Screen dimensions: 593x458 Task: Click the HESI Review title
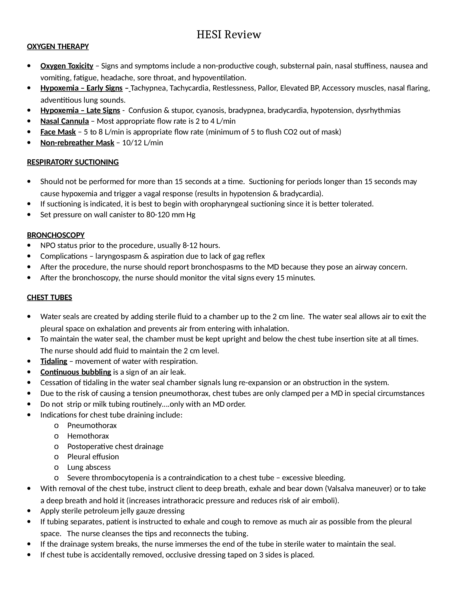pyautogui.click(x=228, y=35)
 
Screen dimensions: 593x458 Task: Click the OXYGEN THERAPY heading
pyautogui.click(x=58, y=47)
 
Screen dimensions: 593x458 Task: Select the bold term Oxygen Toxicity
pyautogui.click(x=67, y=66)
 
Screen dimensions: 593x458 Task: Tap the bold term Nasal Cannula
pyautogui.click(x=65, y=121)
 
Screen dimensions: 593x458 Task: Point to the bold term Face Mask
pyautogui.click(x=58, y=132)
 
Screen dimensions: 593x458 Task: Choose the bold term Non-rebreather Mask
pyautogui.click(x=77, y=143)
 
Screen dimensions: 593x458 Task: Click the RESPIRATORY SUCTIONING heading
pyautogui.click(x=73, y=162)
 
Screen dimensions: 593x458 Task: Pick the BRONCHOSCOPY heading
pyautogui.click(x=55, y=235)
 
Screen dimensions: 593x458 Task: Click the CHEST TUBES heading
pyautogui.click(x=49, y=298)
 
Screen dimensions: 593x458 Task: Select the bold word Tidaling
pyautogui.click(x=54, y=361)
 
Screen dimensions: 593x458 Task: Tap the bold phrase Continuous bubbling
pyautogui.click(x=76, y=372)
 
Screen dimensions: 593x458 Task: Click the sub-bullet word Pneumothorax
pyautogui.click(x=92, y=425)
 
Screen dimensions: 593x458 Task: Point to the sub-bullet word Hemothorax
pyautogui.click(x=88, y=436)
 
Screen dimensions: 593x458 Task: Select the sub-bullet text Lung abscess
pyautogui.click(x=89, y=467)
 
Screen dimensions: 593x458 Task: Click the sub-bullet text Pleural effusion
pyautogui.click(x=93, y=457)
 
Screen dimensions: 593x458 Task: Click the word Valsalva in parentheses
pyautogui.click(x=341, y=489)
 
